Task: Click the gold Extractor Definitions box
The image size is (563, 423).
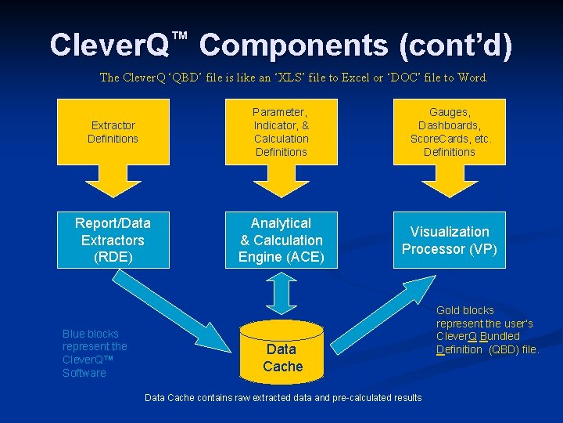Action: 113,132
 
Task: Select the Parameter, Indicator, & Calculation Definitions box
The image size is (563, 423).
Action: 281,132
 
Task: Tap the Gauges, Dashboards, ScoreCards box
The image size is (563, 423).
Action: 449,132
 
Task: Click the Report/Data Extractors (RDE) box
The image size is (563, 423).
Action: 113,240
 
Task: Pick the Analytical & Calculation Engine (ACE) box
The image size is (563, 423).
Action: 281,240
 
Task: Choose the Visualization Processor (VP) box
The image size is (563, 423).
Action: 449,240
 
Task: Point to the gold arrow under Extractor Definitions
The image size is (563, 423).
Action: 113,181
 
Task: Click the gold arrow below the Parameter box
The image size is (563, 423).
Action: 281,181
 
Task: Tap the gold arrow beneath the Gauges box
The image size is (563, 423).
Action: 449,181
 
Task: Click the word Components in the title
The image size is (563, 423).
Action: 292,45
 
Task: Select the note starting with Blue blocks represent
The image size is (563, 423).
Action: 95,353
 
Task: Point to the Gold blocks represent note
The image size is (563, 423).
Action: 486,330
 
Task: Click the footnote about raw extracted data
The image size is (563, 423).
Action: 283,398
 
